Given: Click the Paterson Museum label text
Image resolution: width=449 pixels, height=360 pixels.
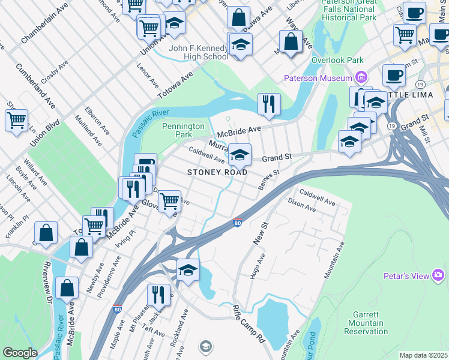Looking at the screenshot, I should (318, 79).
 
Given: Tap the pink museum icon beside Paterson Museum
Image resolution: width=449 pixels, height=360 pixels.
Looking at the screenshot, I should (361, 77).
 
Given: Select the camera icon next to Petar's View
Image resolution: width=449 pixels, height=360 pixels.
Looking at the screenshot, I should (438, 275).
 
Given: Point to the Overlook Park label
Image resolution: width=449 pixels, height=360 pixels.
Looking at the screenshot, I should (337, 61).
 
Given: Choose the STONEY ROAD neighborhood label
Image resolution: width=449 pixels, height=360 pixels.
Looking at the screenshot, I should (217, 172).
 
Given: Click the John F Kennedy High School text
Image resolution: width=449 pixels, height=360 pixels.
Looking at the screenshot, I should (199, 52).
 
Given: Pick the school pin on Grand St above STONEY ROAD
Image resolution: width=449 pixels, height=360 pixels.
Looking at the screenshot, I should (240, 155).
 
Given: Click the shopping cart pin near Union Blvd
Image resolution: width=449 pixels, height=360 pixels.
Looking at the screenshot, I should (16, 119).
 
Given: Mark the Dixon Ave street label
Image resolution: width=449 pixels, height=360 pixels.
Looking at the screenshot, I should (301, 205).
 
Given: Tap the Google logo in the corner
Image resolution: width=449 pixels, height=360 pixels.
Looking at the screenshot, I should (20, 353).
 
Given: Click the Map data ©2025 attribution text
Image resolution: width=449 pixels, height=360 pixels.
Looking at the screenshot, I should (423, 355).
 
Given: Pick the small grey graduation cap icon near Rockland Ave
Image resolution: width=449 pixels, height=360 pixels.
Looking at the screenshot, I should (205, 346).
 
